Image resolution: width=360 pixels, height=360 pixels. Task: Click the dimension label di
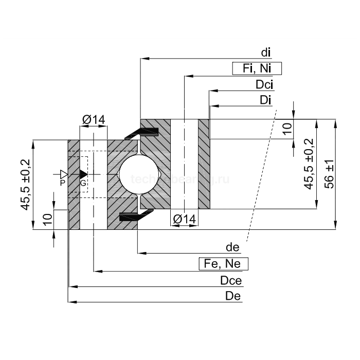(266, 52)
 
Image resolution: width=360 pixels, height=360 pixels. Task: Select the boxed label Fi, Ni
(257, 68)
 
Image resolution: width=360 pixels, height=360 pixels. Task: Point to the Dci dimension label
(264, 85)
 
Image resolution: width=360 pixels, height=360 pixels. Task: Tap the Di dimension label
(265, 100)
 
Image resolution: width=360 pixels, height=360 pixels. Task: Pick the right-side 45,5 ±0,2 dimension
(309, 164)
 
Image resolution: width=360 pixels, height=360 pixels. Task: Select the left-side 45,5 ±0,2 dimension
(25, 185)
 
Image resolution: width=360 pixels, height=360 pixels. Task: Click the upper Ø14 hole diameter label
(93, 120)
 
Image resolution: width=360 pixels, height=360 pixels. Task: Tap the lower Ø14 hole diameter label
(184, 219)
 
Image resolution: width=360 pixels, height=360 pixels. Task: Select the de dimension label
(233, 247)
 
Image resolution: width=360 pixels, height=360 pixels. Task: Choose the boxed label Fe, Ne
(223, 264)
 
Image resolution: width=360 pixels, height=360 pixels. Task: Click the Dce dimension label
(230, 281)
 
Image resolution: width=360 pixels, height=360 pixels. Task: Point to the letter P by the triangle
(62, 183)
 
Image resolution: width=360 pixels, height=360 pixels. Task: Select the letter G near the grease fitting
(82, 183)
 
